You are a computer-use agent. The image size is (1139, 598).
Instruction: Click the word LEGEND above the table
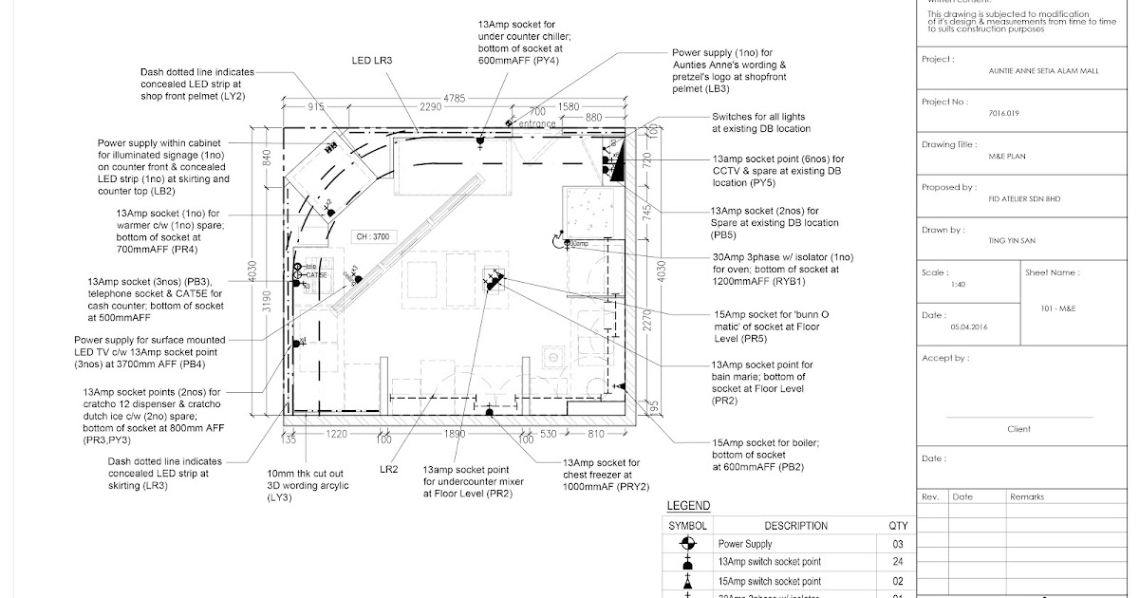click(688, 506)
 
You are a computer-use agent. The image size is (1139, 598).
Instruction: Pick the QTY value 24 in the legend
click(897, 562)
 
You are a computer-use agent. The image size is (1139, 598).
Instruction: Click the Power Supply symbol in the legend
click(688, 544)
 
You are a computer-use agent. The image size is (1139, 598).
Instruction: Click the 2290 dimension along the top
click(432, 107)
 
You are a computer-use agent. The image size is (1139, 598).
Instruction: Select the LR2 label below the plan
click(388, 469)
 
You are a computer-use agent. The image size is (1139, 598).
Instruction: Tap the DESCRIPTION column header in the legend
click(795, 526)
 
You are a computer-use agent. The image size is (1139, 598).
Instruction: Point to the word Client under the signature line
click(1018, 429)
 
